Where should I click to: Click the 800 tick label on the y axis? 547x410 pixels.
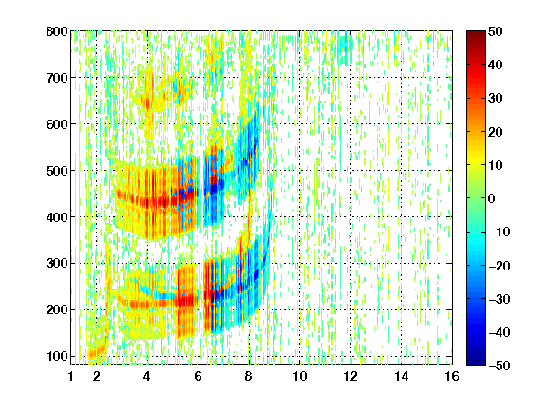tap(57, 31)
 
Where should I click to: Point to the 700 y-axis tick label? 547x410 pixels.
tap(57, 78)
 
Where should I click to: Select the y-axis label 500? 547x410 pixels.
tap(57, 171)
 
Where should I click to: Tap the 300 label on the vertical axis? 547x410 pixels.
tap(57, 264)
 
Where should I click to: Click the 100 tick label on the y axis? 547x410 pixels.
tap(57, 356)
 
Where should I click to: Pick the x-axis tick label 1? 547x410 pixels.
tap(71, 376)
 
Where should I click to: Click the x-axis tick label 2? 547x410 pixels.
tap(97, 376)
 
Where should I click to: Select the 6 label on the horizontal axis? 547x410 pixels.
tap(198, 376)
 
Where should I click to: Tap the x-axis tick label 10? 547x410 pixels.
tap(300, 376)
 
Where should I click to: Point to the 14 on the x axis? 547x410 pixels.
tap(401, 376)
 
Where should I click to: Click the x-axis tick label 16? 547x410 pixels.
tap(452, 376)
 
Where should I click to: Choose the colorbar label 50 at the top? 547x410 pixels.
tap(496, 31)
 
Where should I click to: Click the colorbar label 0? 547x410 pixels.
tap(492, 198)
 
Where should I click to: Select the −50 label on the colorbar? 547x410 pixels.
tap(500, 365)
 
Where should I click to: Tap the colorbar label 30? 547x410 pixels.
tap(496, 99)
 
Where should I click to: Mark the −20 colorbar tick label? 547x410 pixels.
tap(500, 266)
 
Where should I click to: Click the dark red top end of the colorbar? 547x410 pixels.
tap(476, 32)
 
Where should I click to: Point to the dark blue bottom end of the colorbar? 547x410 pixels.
tap(476, 363)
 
